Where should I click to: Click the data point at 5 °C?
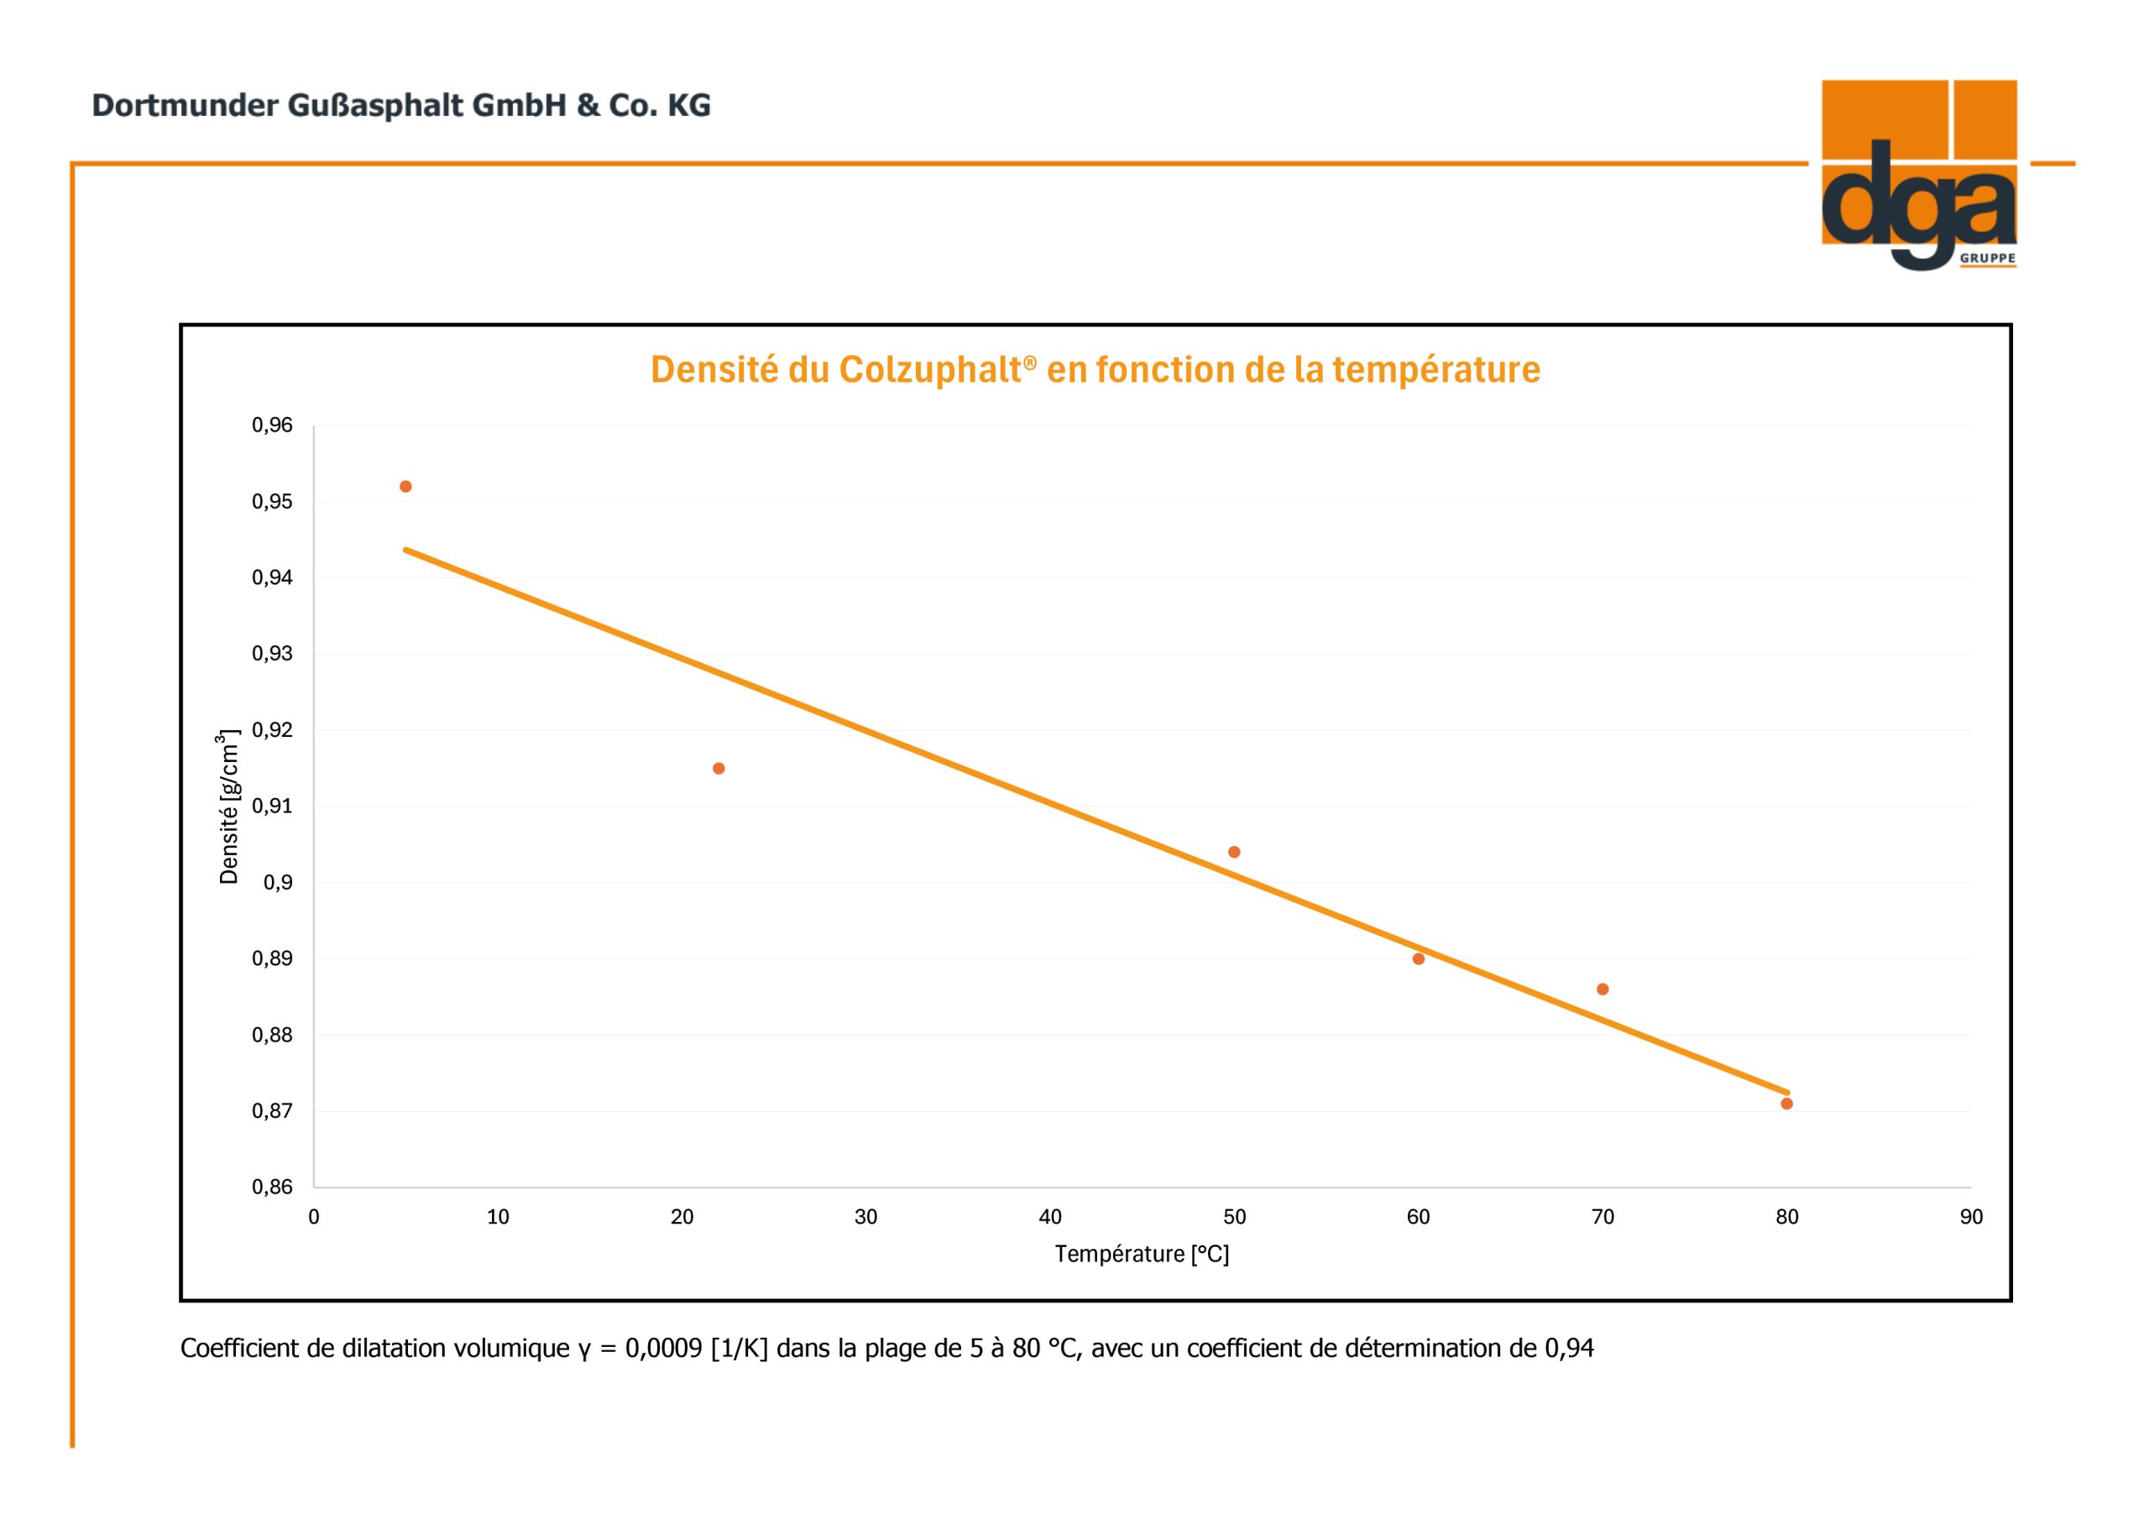[405, 487]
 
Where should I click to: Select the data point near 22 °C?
[719, 769]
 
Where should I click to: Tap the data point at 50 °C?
[1234, 852]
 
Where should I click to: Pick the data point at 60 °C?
[1418, 958]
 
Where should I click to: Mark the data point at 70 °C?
[1603, 989]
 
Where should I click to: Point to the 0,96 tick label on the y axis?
[272, 425]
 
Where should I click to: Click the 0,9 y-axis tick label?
[278, 883]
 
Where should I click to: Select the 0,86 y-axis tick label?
[272, 1187]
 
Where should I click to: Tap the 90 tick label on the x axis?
[1971, 1217]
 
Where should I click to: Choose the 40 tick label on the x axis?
[1050, 1217]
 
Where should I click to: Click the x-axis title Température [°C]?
[1142, 1254]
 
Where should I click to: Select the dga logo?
[1919, 175]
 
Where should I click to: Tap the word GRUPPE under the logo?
[1989, 258]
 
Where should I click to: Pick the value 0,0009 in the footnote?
[664, 1348]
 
